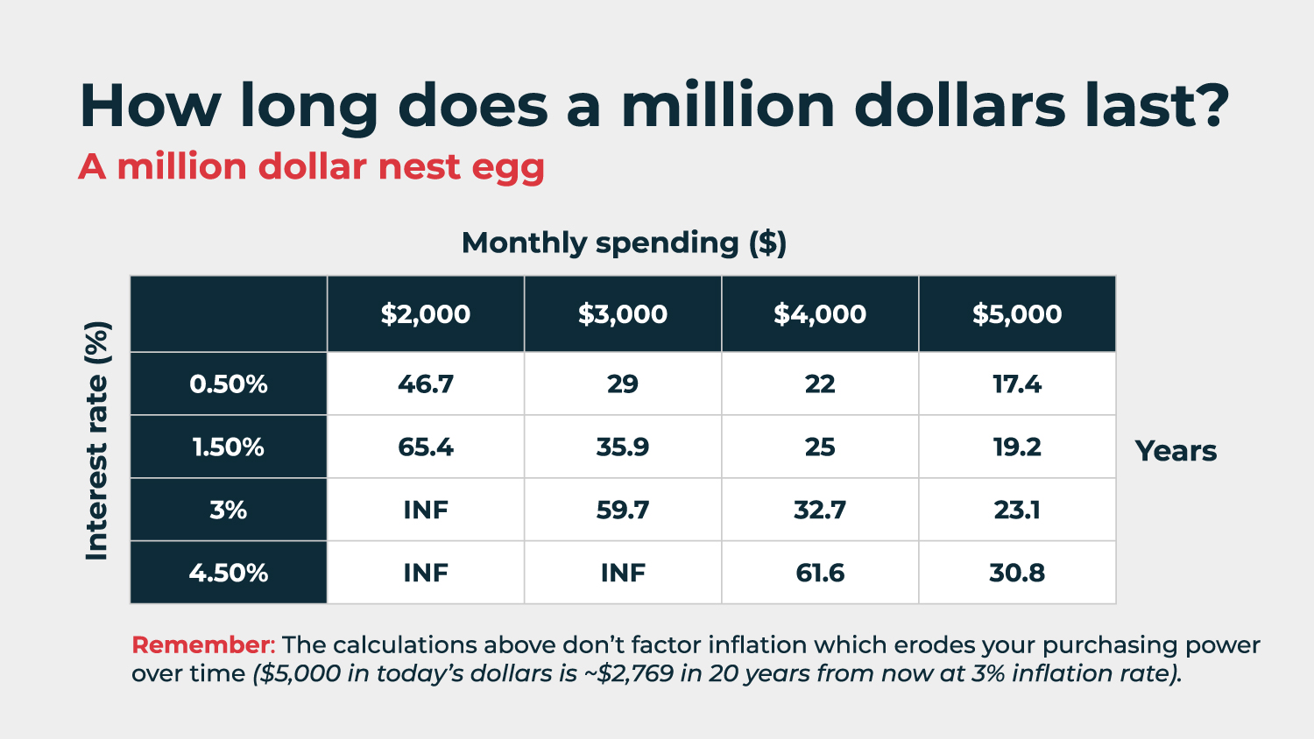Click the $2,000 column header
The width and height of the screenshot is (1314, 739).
[426, 314]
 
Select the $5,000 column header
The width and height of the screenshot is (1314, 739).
[1017, 314]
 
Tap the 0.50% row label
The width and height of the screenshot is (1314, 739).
[229, 384]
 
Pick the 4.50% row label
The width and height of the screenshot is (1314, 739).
[229, 574]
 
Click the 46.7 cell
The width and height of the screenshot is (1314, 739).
[426, 384]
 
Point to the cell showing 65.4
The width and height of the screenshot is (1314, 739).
[426, 447]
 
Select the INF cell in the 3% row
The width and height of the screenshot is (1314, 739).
[426, 510]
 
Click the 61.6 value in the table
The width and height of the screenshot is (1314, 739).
[820, 574]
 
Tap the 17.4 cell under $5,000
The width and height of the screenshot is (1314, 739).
[1017, 384]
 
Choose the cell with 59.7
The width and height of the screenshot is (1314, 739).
[623, 510]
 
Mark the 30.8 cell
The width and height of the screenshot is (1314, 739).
[1017, 574]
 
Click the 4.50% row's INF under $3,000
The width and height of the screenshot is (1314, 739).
[623, 574]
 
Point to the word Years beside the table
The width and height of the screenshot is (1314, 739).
[1176, 451]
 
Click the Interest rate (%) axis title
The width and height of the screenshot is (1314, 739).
[96, 440]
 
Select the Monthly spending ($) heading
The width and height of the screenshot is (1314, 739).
[624, 243]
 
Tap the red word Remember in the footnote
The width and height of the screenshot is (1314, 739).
[201, 645]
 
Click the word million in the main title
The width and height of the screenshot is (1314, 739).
[727, 106]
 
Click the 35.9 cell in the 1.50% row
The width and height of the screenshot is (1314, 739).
[623, 447]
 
